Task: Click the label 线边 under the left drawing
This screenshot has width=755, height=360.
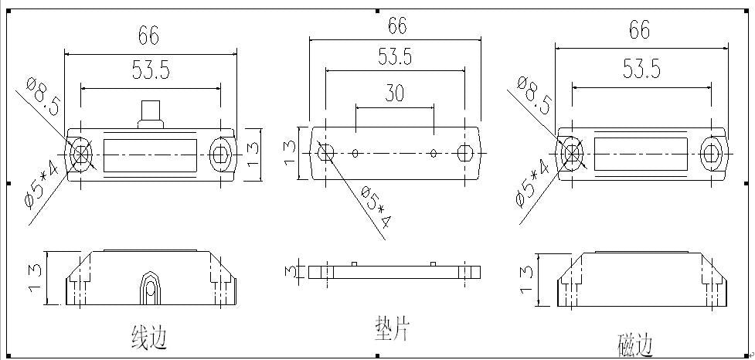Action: coord(149,337)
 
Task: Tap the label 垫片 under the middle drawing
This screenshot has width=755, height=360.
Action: coord(392,328)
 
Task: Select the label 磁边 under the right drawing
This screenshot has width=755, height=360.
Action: coord(635,345)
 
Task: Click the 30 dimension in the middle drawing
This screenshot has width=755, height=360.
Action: coord(394,93)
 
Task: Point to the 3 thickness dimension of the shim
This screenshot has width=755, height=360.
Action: coord(289,270)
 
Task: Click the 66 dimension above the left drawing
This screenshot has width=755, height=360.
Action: coord(148,35)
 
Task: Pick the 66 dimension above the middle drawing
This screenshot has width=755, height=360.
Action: coord(397,25)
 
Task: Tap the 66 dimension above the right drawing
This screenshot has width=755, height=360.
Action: coord(639,30)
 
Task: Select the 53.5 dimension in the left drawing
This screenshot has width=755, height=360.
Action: coord(151,71)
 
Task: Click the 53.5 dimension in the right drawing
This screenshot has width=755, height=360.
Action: coord(642,70)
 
